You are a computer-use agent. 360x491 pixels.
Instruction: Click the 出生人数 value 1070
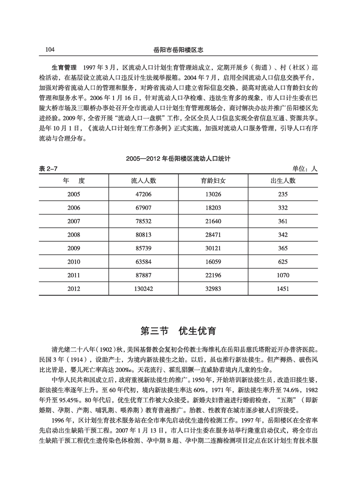tap(283, 276)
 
